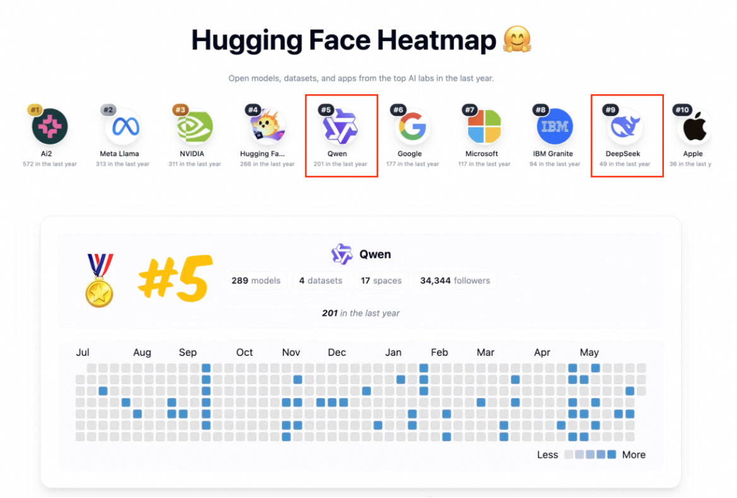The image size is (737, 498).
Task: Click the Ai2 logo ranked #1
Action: pos(50,126)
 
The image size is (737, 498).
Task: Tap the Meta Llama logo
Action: pos(122,127)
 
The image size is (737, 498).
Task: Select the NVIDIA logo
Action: pos(194,127)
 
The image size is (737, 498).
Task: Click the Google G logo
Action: pos(413,127)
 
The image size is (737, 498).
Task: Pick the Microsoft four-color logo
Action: pos(484,127)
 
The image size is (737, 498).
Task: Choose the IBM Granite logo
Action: pos(555,127)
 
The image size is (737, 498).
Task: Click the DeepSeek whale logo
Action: pos(625,127)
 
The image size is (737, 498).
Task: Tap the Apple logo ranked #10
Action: pos(695,127)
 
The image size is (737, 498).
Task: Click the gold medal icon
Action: pos(99,280)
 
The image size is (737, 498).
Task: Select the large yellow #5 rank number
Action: pos(172,278)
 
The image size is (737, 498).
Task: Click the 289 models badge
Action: pos(256,280)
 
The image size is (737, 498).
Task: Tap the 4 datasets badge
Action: pos(321,280)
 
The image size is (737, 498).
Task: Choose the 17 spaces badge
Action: pos(381,280)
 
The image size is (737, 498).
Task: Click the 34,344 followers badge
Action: pos(455,280)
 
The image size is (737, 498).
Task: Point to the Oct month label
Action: pos(244,352)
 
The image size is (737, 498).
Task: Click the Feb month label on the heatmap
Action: pos(439,352)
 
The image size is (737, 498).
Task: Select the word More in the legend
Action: pos(634,454)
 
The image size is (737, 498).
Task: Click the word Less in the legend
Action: pos(548,454)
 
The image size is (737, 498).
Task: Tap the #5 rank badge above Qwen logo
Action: pos(326,110)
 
